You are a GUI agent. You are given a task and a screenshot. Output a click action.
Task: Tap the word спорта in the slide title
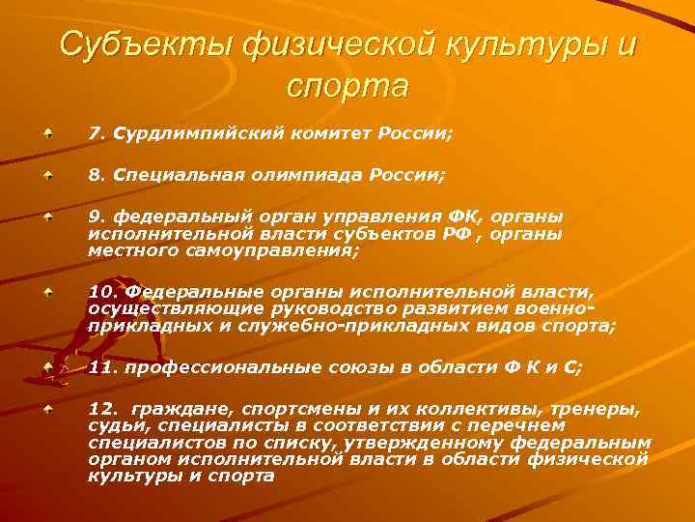tap(347, 86)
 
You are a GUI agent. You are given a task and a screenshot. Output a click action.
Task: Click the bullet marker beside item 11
tap(47, 367)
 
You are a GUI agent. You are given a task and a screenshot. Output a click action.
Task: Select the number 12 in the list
tap(100, 409)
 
